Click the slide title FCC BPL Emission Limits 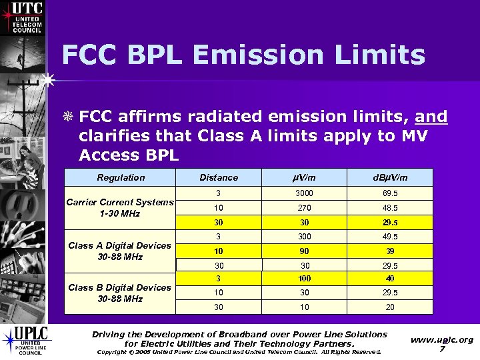(x=243, y=55)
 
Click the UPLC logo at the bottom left (x=23, y=341)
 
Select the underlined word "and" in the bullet (x=431, y=117)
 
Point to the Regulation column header (x=121, y=177)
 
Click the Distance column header (x=219, y=177)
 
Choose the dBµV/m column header (x=389, y=177)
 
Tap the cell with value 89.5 (x=389, y=193)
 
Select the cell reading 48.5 (x=389, y=208)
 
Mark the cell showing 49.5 (x=389, y=237)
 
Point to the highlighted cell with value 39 (x=389, y=251)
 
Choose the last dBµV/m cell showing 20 (x=389, y=307)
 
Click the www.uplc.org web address (x=442, y=339)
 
